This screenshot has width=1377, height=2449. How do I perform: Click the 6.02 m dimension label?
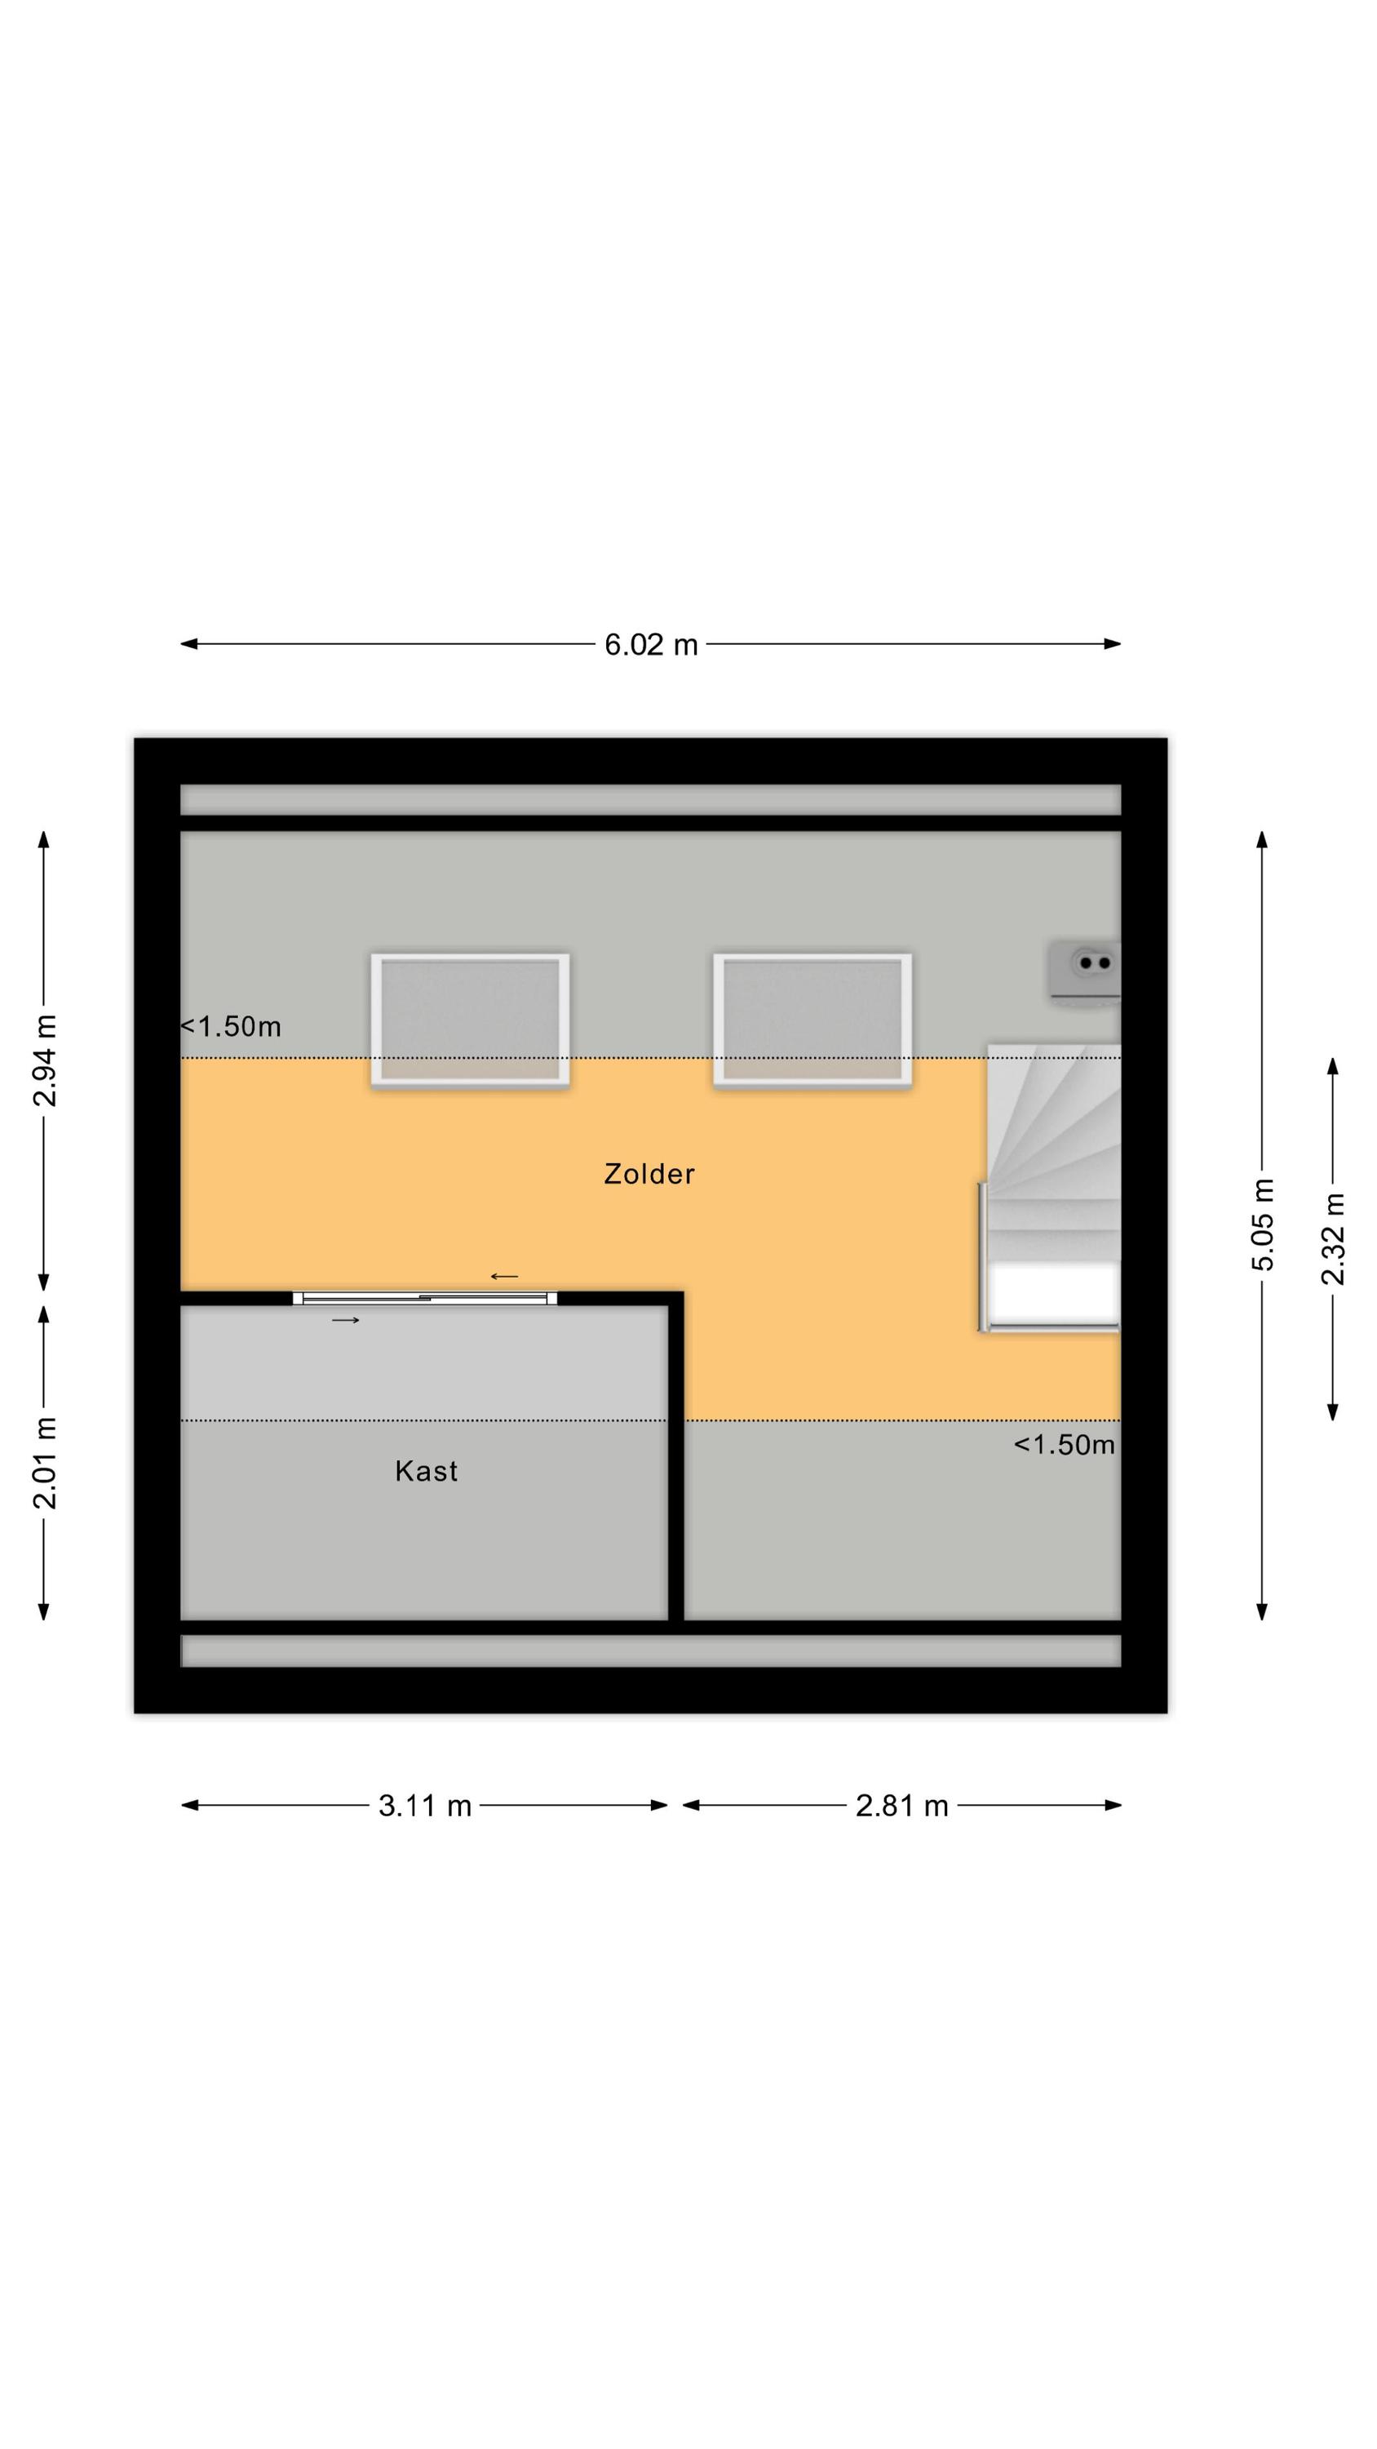tap(651, 645)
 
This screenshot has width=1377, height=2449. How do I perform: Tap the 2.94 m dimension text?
tap(45, 1060)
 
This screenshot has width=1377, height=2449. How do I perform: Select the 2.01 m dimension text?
tap(45, 1462)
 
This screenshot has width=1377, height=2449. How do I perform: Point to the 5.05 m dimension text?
tap(1262, 1224)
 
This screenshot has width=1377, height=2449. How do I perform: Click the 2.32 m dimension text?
tap(1333, 1238)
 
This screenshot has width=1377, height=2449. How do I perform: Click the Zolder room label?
tap(649, 1174)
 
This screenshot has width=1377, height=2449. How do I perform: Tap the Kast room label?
tap(426, 1472)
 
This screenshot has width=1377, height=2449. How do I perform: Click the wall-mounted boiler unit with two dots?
tap(1085, 970)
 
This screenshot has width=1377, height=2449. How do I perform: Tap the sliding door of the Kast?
tap(425, 1298)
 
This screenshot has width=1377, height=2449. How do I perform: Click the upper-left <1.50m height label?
tap(231, 1027)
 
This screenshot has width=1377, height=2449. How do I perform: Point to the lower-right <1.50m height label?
tap(1065, 1445)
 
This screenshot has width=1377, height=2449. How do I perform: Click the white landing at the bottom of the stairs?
tap(1053, 1294)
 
